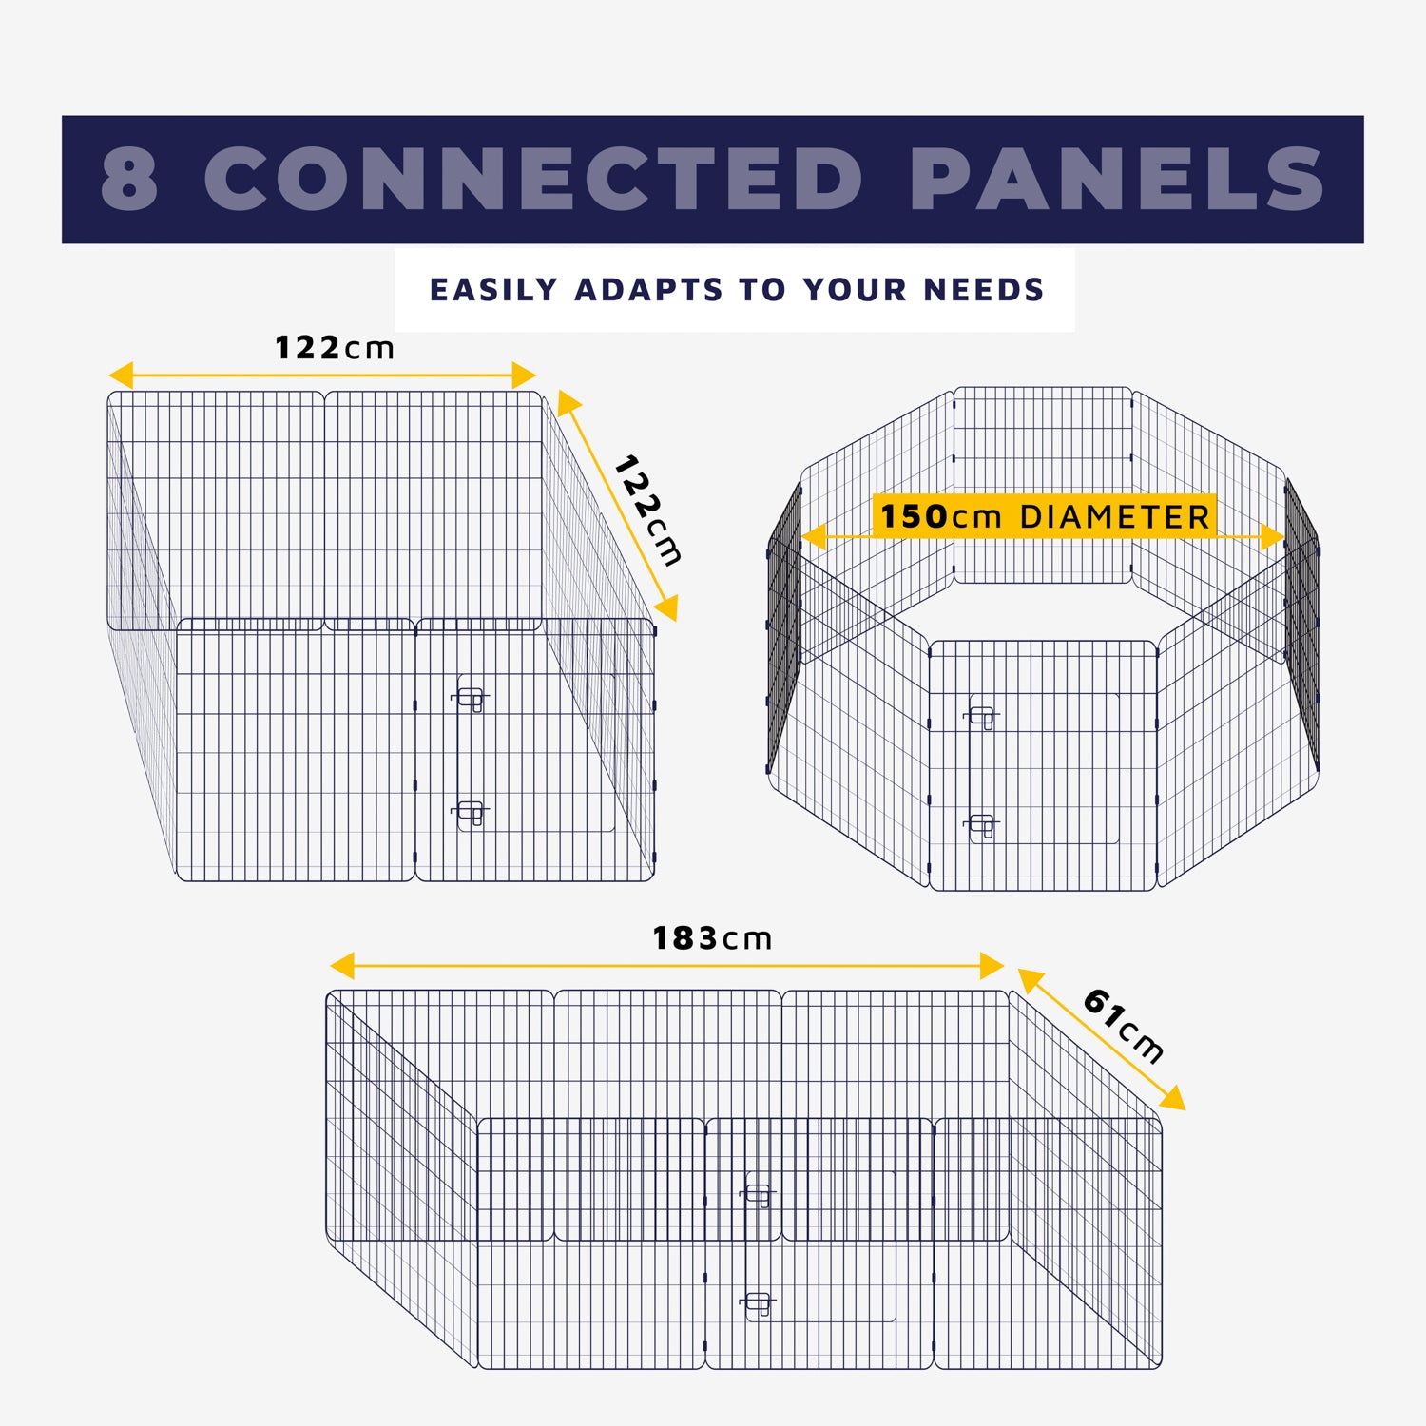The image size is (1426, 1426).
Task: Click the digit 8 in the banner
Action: (129, 179)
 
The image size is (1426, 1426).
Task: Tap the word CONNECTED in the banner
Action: (533, 179)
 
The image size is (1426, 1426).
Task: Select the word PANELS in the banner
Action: (1117, 179)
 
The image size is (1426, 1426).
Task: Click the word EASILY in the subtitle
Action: (493, 289)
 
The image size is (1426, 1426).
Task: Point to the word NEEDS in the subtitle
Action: (984, 289)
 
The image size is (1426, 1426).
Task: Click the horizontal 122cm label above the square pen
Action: (334, 348)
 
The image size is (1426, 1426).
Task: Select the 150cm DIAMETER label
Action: (1044, 517)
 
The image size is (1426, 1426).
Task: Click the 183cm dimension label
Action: (712, 939)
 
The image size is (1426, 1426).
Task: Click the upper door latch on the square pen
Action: (471, 700)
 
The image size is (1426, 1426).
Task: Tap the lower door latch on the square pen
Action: (471, 813)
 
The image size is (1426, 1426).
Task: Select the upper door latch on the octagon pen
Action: (982, 716)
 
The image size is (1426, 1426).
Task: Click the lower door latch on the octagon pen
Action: (982, 825)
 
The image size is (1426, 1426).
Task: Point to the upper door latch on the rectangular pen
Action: (759, 1193)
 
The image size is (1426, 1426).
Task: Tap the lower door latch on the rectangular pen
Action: (759, 1301)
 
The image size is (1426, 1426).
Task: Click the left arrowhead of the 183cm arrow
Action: (341, 966)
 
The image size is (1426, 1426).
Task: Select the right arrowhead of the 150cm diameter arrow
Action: (1274, 537)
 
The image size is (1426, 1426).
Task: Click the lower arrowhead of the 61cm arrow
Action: (1175, 1100)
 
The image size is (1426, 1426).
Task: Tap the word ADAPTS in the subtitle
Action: (648, 289)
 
